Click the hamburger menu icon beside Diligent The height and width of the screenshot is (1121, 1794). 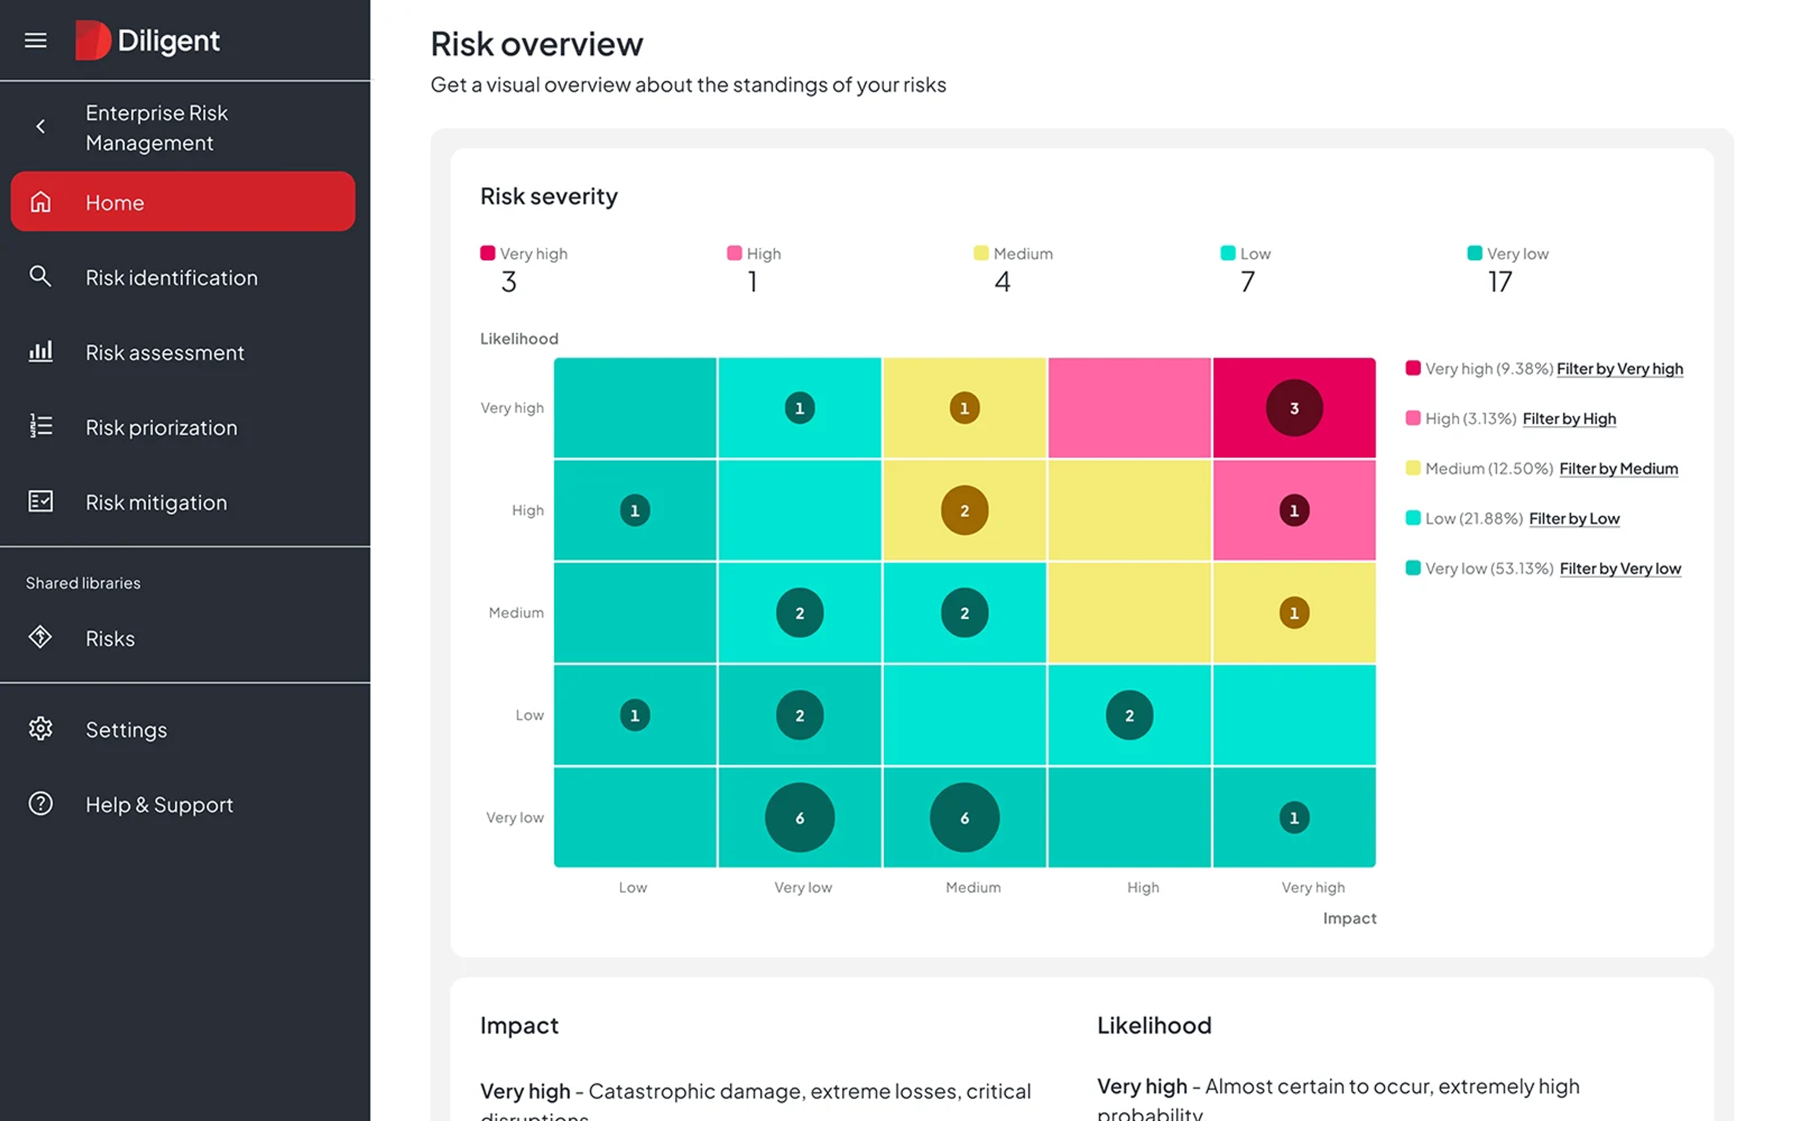point(36,40)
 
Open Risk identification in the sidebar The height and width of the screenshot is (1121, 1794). point(171,277)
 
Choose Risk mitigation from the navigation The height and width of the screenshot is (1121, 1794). point(156,502)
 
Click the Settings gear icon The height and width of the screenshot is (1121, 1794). point(41,729)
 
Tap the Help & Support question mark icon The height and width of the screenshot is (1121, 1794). point(41,804)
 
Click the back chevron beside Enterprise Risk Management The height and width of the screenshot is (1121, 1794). point(41,127)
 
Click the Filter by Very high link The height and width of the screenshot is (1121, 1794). point(1619,369)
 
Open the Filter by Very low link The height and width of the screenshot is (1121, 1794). point(1620,568)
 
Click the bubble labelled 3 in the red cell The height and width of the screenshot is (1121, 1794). point(1294,408)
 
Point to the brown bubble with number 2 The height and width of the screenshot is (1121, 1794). point(964,510)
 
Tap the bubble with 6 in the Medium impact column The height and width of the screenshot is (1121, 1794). point(964,817)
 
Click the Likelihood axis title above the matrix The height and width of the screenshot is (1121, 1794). point(519,339)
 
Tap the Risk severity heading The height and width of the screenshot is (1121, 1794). point(548,197)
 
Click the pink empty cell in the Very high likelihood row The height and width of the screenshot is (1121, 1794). point(1128,408)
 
